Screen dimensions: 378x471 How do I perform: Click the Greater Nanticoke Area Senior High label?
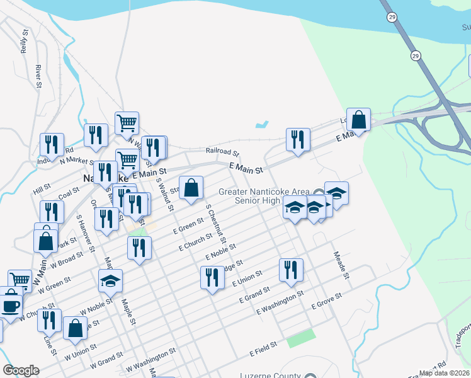tap(264, 196)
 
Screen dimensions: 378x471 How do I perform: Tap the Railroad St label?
tap(222, 152)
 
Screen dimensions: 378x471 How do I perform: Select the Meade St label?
tap(341, 263)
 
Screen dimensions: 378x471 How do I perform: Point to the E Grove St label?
tap(326, 301)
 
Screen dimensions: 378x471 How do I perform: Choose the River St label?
tap(38, 76)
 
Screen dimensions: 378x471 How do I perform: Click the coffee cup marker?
tap(9, 306)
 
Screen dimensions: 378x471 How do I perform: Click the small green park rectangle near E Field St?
tap(300, 338)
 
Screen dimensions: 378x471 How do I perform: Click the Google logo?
tap(21, 370)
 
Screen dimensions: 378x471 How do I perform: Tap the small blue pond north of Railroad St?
tap(262, 125)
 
